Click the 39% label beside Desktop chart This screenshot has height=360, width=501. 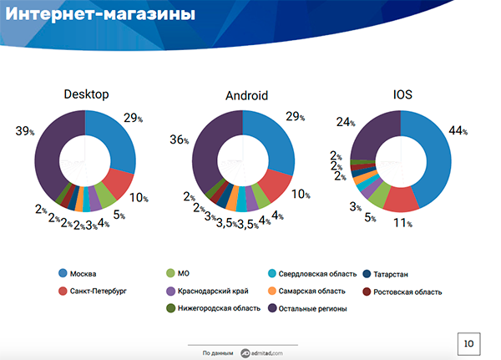24,131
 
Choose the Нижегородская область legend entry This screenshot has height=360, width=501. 213,310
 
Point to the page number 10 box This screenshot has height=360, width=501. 468,342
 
